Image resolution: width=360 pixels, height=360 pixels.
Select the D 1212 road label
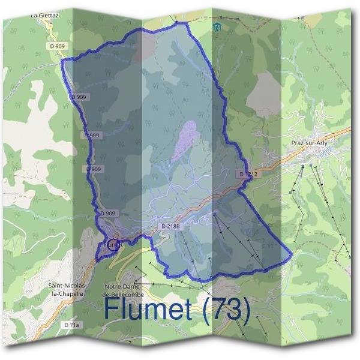(x=247, y=174)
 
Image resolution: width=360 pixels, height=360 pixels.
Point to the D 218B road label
(x=171, y=226)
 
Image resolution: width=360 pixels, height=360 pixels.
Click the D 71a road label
(x=71, y=325)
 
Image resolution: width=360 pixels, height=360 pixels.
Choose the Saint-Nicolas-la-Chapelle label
(x=67, y=289)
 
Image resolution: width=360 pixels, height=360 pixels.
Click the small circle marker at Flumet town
(x=115, y=244)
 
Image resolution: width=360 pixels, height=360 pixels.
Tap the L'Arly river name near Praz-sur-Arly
(x=326, y=153)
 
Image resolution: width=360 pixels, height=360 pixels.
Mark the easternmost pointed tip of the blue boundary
(x=292, y=255)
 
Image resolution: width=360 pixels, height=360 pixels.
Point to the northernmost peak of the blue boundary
(x=178, y=22)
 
